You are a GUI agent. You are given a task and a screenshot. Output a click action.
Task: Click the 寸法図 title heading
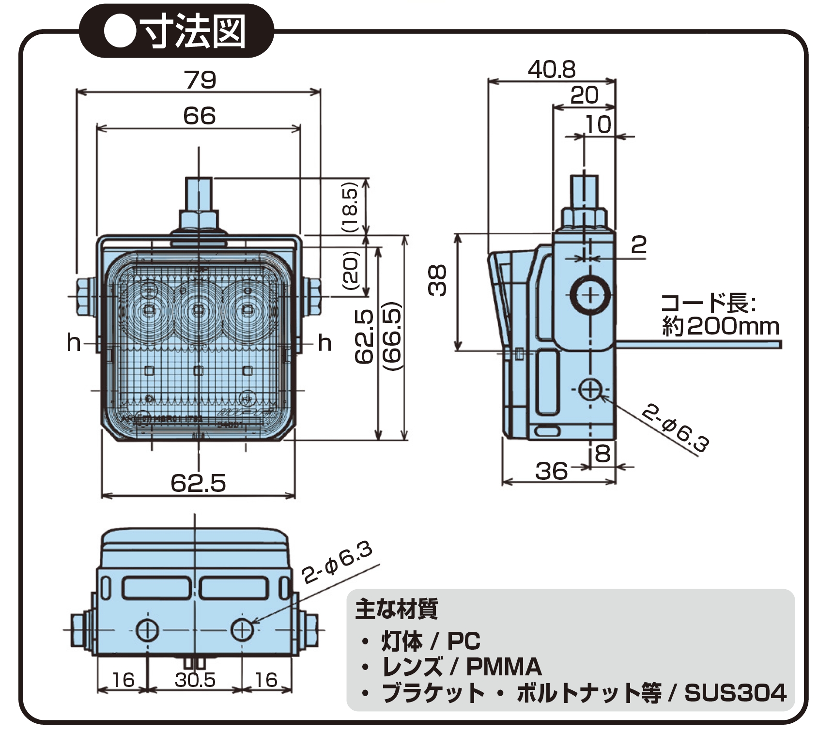point(193,32)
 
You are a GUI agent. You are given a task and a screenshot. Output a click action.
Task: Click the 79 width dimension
point(200,80)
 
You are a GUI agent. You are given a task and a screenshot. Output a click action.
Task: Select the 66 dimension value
point(200,116)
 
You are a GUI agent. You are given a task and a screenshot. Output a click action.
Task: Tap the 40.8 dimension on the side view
point(552,70)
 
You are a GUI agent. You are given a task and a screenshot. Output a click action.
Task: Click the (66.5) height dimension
point(392,336)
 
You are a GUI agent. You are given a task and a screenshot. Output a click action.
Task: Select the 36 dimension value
point(551,471)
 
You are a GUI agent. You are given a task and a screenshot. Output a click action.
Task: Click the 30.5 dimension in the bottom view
point(195,680)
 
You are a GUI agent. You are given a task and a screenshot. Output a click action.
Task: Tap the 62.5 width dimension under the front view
point(198,483)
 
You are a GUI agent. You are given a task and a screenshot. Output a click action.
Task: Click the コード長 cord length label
point(708,304)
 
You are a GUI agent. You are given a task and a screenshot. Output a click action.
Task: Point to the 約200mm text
point(720,327)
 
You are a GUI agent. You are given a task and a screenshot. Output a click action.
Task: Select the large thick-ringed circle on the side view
point(589,295)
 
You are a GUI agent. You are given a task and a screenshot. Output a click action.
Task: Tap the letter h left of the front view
point(74,343)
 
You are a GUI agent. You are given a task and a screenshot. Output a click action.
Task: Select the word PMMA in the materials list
point(503,667)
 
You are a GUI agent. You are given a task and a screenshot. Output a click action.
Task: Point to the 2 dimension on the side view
point(638,245)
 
